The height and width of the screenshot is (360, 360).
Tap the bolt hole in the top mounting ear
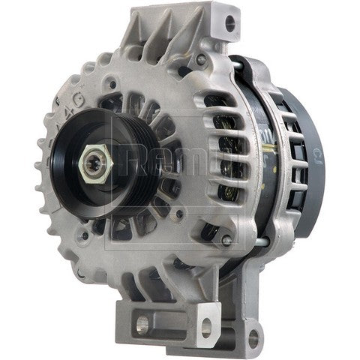229,15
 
